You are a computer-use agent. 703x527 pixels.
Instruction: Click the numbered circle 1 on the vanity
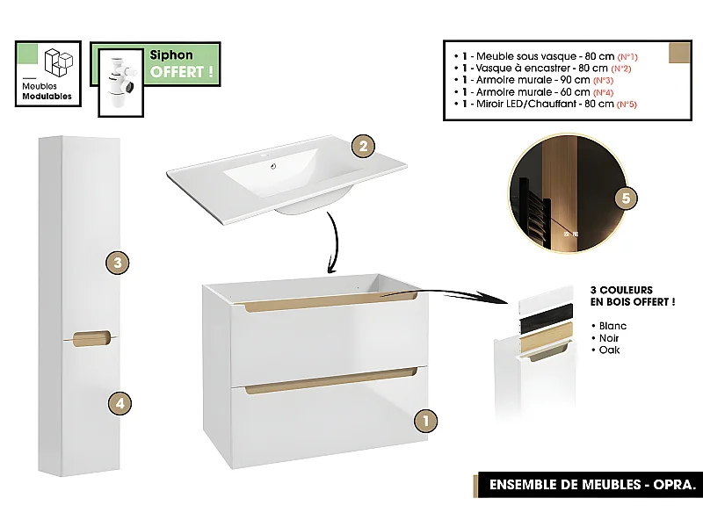pyautogui.click(x=425, y=421)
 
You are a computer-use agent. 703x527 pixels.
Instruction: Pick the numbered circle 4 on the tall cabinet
pyautogui.click(x=120, y=403)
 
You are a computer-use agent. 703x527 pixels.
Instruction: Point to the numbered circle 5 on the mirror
pyautogui.click(x=625, y=198)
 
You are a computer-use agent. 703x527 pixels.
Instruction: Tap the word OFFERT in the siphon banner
pyautogui.click(x=182, y=72)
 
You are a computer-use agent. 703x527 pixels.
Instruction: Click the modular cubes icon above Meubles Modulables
pyautogui.click(x=59, y=62)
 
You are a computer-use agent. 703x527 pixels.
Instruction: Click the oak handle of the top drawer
pyautogui.click(x=330, y=304)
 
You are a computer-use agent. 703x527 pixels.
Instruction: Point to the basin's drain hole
pyautogui.click(x=274, y=163)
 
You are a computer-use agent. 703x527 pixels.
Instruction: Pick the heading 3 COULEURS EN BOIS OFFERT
pyautogui.click(x=633, y=295)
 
